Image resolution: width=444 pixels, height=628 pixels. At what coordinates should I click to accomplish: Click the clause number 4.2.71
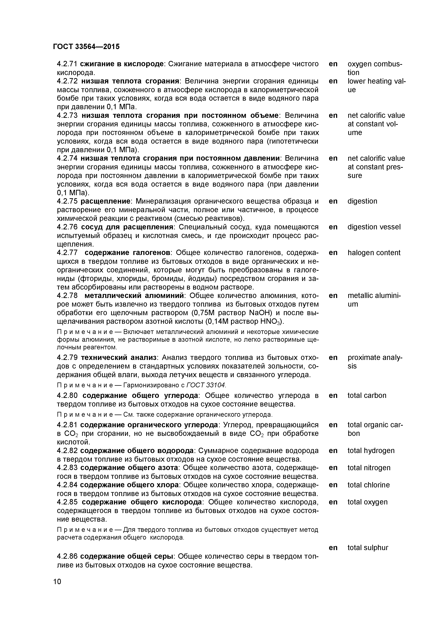pyautogui.click(x=67, y=64)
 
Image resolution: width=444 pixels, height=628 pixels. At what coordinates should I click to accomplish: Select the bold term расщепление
pyautogui.click(x=105, y=201)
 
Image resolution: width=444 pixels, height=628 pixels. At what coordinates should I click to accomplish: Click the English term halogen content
pyautogui.click(x=374, y=253)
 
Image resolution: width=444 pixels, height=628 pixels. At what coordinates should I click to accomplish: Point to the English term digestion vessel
pyautogui.click(x=374, y=227)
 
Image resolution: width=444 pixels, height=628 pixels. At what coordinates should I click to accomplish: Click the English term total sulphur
pyautogui.click(x=368, y=548)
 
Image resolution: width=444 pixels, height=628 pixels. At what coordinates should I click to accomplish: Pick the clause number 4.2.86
pyautogui.click(x=67, y=556)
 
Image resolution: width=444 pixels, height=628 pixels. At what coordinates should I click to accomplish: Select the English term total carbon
pyautogui.click(x=367, y=396)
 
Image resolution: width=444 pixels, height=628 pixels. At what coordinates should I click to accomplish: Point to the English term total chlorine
pyautogui.click(x=368, y=485)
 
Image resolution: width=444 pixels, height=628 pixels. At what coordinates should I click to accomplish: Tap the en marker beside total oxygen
pyautogui.click(x=333, y=502)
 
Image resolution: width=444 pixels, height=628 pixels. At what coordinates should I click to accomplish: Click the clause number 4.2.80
pyautogui.click(x=67, y=396)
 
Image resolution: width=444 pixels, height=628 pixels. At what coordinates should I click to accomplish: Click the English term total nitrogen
pyautogui.click(x=369, y=468)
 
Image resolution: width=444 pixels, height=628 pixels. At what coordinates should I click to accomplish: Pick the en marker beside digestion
pyautogui.click(x=333, y=201)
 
